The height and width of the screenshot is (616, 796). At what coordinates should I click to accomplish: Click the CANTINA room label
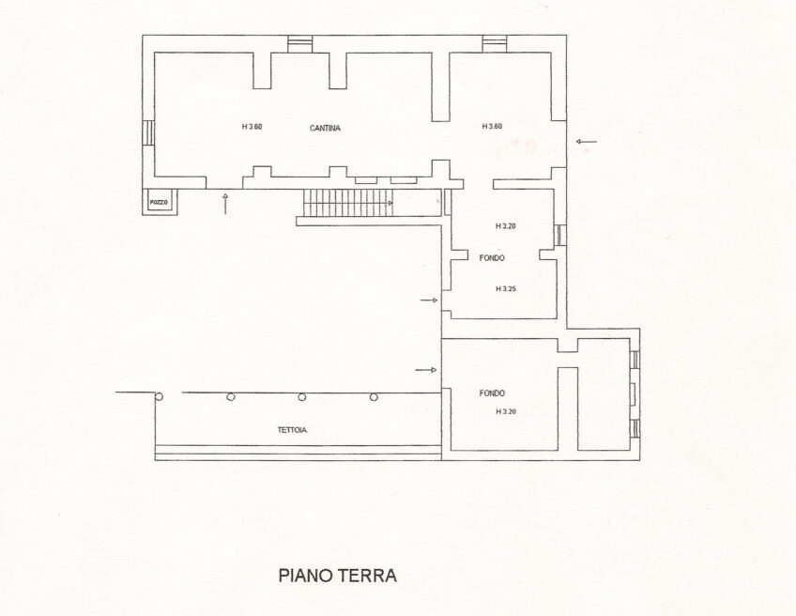(325, 129)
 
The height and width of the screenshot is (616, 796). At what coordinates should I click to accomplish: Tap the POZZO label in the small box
(159, 203)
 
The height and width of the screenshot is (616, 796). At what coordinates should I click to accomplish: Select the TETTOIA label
(293, 430)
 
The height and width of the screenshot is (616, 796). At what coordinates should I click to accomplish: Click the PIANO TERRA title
(338, 576)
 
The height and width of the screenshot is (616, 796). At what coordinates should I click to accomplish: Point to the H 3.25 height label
(506, 289)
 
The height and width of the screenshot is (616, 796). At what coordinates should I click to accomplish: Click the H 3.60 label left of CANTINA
(252, 127)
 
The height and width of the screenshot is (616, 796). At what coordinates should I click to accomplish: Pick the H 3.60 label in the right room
(492, 126)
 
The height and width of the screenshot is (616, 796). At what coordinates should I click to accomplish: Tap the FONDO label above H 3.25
(492, 258)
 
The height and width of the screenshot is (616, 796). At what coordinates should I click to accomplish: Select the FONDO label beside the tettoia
(492, 393)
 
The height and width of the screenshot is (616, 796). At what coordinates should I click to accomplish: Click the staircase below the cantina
(348, 203)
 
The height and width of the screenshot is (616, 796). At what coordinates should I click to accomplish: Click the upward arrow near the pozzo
(225, 204)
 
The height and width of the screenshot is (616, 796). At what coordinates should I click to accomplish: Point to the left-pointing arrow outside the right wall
(587, 142)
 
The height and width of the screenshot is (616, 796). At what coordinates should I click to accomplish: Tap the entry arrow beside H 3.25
(429, 300)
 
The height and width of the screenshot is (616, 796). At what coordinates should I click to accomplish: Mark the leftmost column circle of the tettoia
(160, 397)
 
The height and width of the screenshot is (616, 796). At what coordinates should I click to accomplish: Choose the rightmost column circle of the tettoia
(374, 397)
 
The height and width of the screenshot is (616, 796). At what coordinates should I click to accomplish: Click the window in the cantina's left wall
(148, 133)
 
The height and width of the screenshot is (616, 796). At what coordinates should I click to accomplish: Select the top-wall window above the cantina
(299, 44)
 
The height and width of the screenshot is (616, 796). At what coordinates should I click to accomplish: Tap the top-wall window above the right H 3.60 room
(494, 44)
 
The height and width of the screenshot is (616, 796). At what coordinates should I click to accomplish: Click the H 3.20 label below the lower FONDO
(506, 411)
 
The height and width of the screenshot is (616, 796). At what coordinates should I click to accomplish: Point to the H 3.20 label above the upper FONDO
(506, 226)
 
